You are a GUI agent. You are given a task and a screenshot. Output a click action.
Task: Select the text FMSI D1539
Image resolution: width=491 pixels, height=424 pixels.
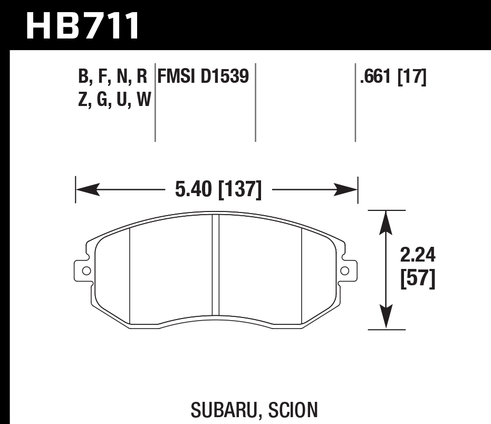pyautogui.click(x=203, y=78)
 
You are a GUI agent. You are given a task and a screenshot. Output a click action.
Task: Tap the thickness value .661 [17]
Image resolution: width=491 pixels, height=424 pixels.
pyautogui.click(x=392, y=78)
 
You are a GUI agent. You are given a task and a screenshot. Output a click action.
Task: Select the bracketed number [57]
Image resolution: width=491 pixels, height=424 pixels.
pyautogui.click(x=418, y=280)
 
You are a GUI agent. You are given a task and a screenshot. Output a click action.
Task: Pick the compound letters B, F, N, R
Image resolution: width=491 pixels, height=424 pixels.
pyautogui.click(x=112, y=78)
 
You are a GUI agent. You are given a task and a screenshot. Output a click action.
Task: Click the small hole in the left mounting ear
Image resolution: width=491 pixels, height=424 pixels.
pyautogui.click(x=86, y=271)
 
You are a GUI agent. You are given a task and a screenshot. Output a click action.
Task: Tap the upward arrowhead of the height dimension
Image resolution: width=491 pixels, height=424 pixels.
pyautogui.click(x=387, y=221)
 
